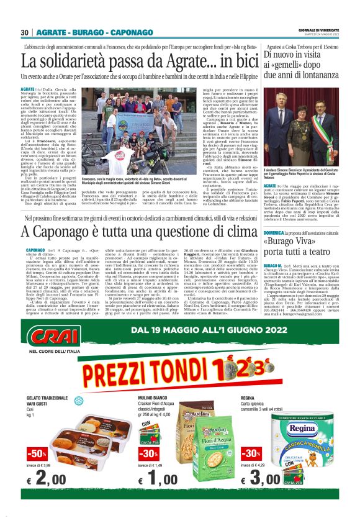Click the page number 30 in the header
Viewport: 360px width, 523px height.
coord(24,32)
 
